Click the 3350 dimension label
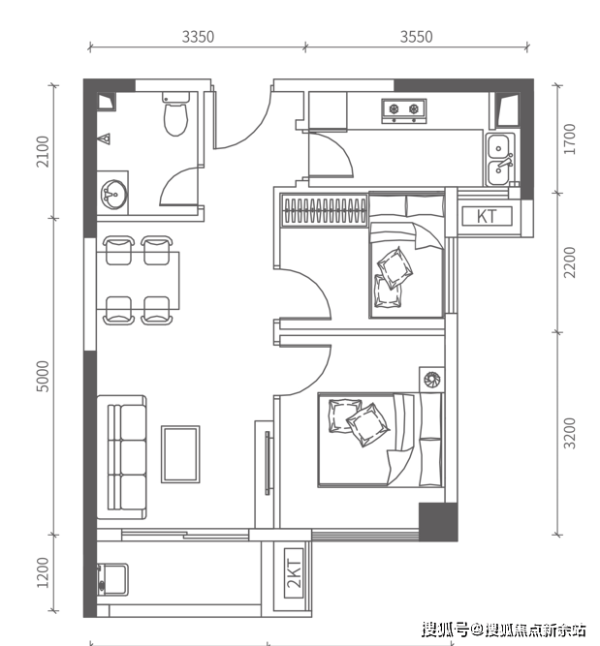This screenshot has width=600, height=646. tap(198, 37)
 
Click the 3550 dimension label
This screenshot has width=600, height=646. tap(416, 37)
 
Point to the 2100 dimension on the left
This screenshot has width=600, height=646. tap(43, 152)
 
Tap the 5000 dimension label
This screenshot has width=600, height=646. tap(43, 376)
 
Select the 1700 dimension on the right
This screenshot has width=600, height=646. tap(570, 138)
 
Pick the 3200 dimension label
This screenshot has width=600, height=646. tap(570, 433)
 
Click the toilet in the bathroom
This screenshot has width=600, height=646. tap(176, 113)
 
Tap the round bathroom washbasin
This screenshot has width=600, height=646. tap(113, 194)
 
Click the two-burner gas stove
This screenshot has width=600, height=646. tap(404, 110)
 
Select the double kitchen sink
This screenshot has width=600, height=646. tap(500, 160)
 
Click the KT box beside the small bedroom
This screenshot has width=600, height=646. tap(487, 216)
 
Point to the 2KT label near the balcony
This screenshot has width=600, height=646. tap(294, 573)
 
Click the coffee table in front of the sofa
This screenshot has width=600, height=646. tap(180, 454)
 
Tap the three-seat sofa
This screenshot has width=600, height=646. tap(122, 457)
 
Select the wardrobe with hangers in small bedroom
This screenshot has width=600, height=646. tap(324, 210)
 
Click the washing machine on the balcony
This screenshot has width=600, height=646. tap(112, 580)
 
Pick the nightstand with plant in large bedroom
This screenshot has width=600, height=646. tap(432, 379)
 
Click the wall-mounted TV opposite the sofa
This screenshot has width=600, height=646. tap(268, 463)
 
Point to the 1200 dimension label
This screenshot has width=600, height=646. tap(43, 572)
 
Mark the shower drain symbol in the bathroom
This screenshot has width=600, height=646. tap(107, 138)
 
